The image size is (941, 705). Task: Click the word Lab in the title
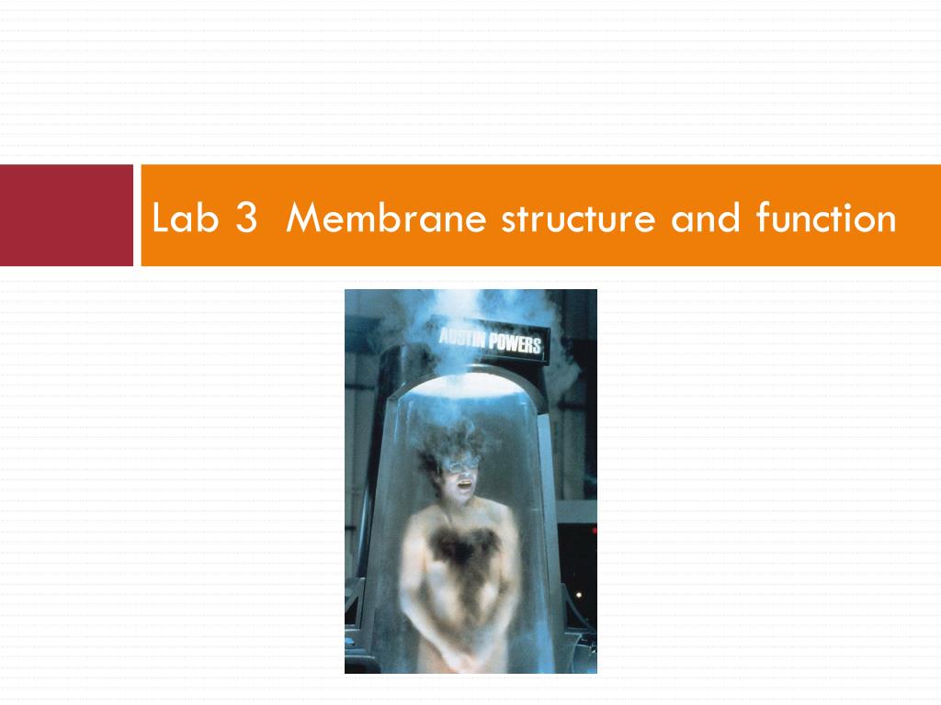[x=178, y=219]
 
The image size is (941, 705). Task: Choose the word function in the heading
[x=825, y=219]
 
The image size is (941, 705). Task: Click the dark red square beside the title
[x=66, y=215]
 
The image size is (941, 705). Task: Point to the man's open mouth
[x=464, y=485]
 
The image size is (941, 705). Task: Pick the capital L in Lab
[x=160, y=219]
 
